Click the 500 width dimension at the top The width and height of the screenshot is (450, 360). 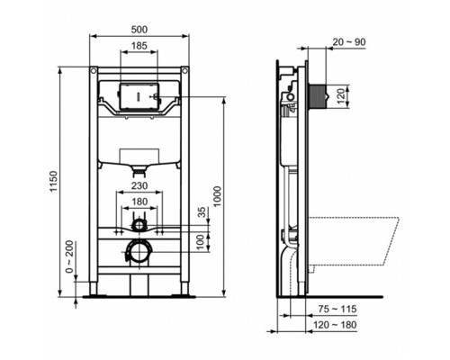[139, 28]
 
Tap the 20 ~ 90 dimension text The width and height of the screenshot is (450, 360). [348, 41]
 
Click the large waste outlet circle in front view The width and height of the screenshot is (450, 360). [139, 249]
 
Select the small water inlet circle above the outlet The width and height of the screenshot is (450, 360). [139, 223]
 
